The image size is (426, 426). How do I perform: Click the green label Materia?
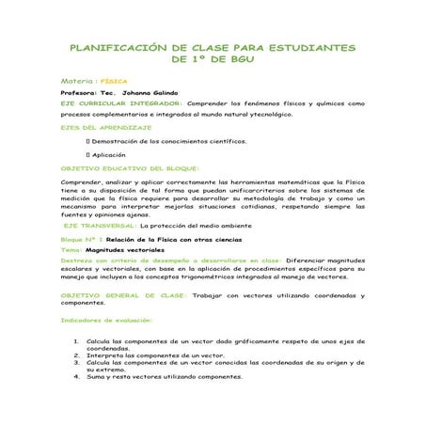tap(78, 81)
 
